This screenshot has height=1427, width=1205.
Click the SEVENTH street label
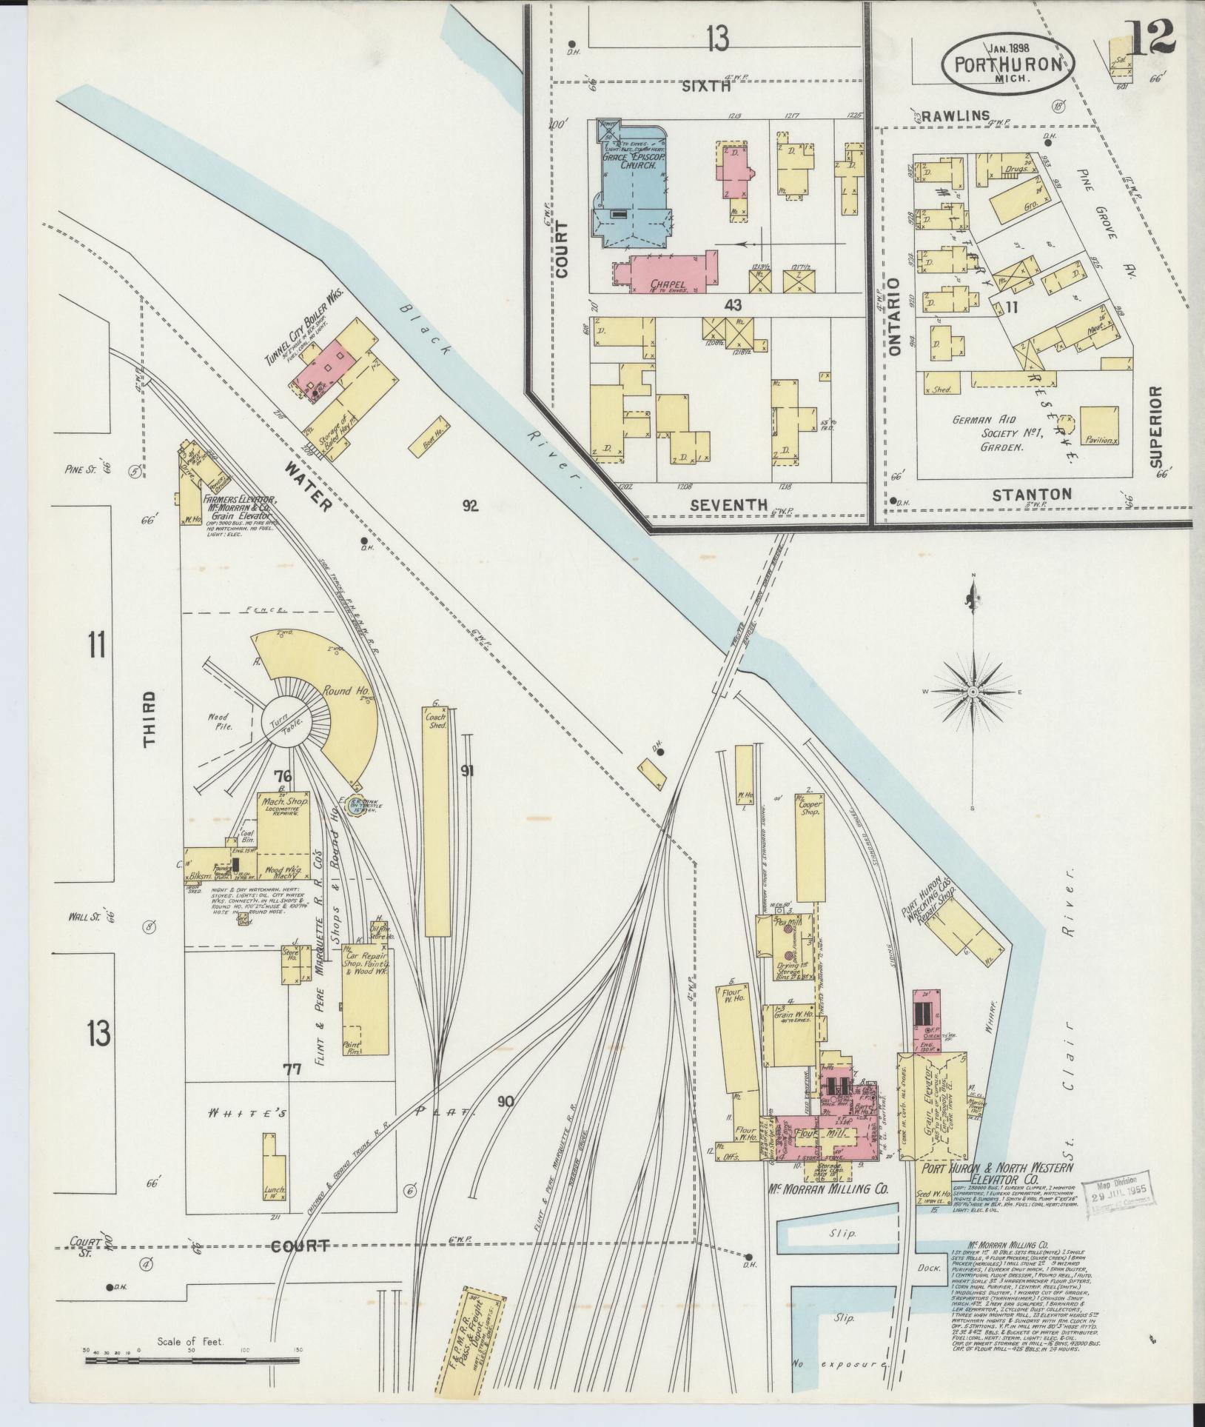(x=729, y=504)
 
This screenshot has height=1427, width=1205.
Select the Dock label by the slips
(x=932, y=1268)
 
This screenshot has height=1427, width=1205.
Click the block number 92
(x=470, y=506)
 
